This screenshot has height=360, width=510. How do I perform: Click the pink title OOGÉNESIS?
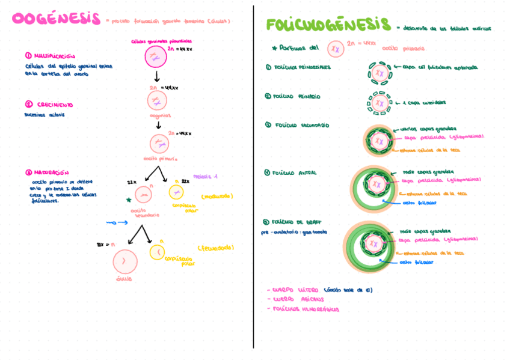[x=56, y=19]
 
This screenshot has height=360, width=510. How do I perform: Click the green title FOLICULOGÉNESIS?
[x=328, y=25]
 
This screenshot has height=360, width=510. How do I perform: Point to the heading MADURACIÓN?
[x=51, y=172]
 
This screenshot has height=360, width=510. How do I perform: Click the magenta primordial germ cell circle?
[x=155, y=58]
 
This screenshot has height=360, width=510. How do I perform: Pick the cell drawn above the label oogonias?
[x=158, y=100]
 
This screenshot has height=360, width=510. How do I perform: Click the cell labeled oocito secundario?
[x=143, y=195]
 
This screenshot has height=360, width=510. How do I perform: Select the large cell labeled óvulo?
[x=125, y=261]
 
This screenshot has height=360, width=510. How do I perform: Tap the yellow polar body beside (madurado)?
[x=176, y=192]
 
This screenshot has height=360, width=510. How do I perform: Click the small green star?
[x=128, y=200]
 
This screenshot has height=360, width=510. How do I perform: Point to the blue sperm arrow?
[x=117, y=222]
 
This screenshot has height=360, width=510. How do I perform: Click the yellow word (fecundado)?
[x=215, y=248]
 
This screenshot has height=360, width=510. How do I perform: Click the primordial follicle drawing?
[x=379, y=73]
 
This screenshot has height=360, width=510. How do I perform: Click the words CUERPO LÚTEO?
[x=295, y=290]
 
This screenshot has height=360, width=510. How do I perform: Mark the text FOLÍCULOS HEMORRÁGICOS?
[x=306, y=310]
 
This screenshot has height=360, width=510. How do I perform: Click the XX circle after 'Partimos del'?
[x=336, y=48]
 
